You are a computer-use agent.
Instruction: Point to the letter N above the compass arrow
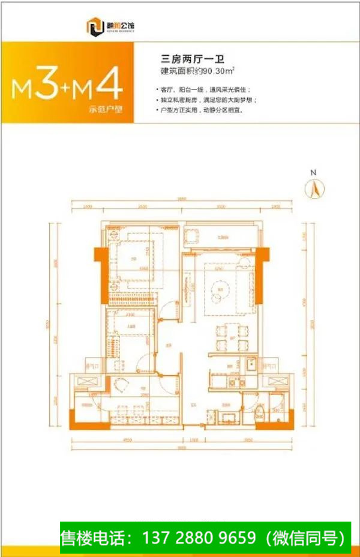313,173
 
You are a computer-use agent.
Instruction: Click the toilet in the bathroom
259,412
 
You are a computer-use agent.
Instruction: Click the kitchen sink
251,364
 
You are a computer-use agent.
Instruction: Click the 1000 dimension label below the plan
194,440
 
